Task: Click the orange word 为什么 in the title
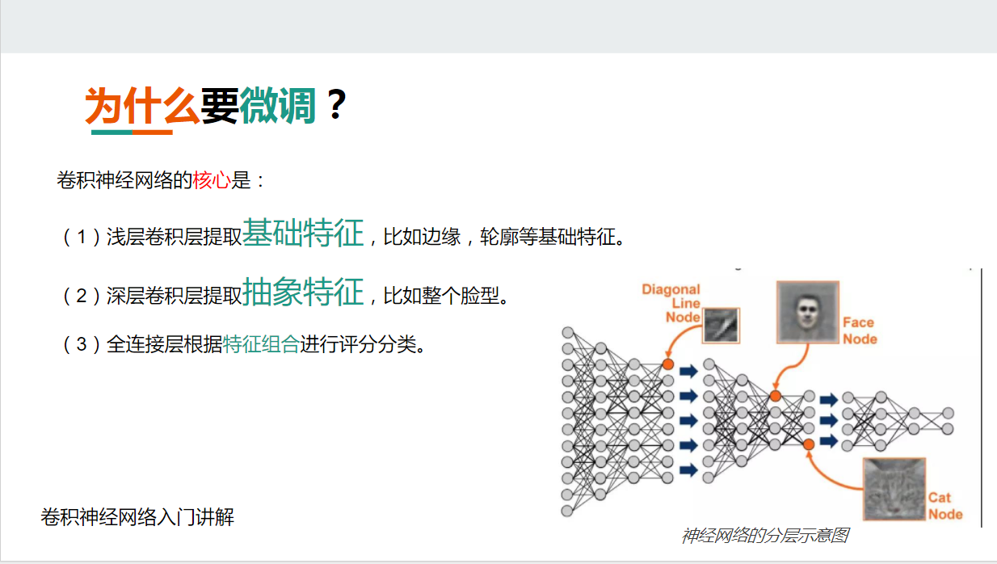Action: [x=142, y=105]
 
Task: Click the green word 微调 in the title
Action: [x=277, y=105]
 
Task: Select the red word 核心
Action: [x=212, y=180]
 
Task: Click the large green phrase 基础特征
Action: [x=303, y=234]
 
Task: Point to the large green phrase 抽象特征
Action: [x=303, y=292]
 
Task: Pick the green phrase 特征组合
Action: [x=261, y=345]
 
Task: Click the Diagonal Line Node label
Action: [x=671, y=303]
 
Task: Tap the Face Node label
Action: [x=859, y=330]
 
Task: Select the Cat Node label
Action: [x=944, y=506]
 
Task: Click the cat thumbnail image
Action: [x=893, y=489]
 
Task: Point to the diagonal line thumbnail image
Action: [x=721, y=325]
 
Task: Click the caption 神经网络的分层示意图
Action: [x=764, y=536]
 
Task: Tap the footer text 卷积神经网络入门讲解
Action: [x=137, y=517]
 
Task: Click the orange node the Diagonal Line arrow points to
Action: [x=667, y=364]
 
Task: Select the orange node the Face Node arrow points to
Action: [x=775, y=396]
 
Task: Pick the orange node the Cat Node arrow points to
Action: [x=809, y=444]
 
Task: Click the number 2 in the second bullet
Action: [x=81, y=296]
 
